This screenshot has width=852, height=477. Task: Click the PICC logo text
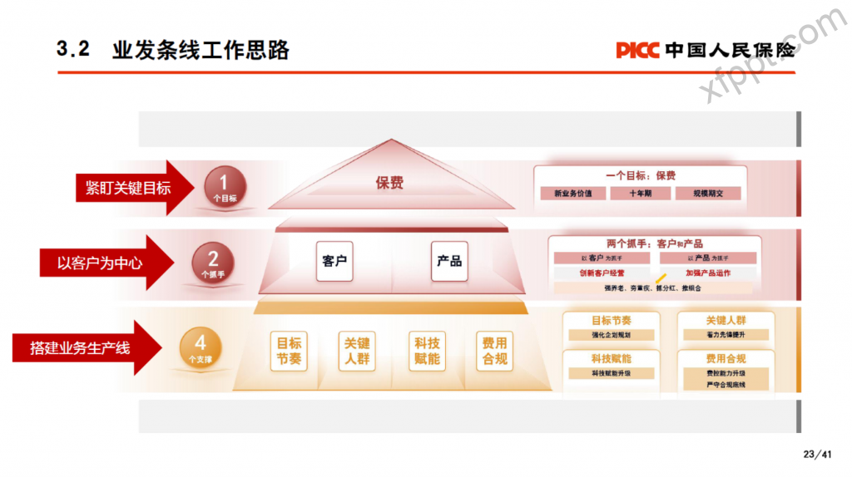[637, 50]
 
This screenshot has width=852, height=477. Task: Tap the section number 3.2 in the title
[72, 50]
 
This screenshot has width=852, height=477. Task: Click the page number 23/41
[817, 454]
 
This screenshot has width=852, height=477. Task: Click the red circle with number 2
[213, 262]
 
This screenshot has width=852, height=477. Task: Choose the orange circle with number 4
[200, 347]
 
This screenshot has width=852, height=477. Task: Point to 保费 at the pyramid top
[389, 183]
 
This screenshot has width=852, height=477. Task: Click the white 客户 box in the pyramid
[334, 261]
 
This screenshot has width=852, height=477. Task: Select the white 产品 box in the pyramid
[449, 261]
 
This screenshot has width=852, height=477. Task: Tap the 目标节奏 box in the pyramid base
[290, 351]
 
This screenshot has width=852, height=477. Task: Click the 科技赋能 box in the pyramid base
[427, 351]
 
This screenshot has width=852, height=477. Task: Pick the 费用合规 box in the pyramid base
[494, 351]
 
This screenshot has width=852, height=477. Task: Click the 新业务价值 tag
[572, 194]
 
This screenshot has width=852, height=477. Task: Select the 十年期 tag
[640, 194]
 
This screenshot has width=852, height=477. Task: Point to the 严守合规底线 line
[726, 385]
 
